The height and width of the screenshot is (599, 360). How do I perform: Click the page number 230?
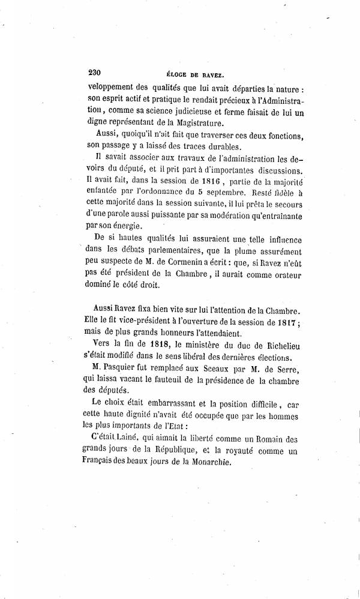pyautogui.click(x=94, y=71)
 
